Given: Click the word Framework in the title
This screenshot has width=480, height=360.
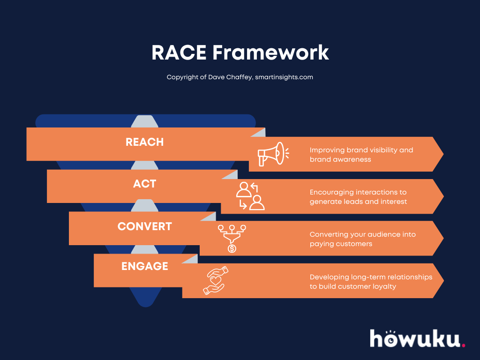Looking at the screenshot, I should tap(270, 52).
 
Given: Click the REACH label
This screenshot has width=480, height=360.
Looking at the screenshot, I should tap(144, 142).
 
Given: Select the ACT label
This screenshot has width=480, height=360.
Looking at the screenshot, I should tap(144, 184).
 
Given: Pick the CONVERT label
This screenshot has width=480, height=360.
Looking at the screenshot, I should tap(144, 226).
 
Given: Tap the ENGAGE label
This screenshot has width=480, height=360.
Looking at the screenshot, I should tap(144, 266).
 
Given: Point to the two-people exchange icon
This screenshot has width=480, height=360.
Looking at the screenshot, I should tap(250, 196).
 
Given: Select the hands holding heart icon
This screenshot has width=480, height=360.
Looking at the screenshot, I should tap(215, 280).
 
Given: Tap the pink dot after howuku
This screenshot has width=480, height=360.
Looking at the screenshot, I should tap(464, 345).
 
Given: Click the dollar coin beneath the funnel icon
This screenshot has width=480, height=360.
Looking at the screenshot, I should tap(232, 248).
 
